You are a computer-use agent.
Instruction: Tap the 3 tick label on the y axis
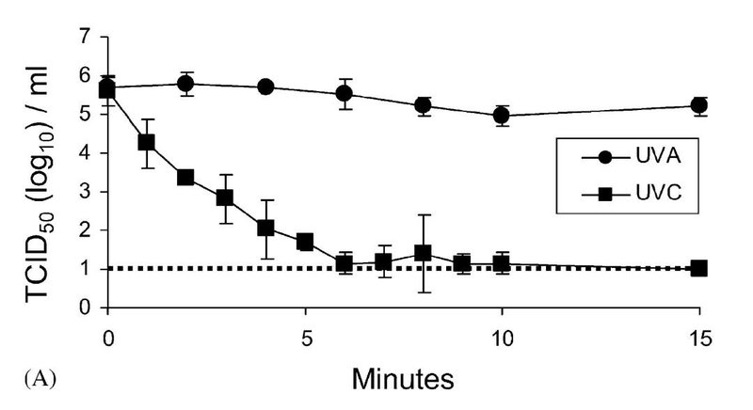coord(85,191)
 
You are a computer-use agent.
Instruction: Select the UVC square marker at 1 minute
coord(146,142)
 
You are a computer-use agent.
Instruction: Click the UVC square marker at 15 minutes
coord(698,268)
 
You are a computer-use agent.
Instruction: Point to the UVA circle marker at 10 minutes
coord(502,116)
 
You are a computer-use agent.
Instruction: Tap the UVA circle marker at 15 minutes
coord(698,105)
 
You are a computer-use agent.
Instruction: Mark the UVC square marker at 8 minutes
coord(423,253)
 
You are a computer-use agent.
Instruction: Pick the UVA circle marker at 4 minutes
coord(265,87)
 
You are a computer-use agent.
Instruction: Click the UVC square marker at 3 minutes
coord(225,197)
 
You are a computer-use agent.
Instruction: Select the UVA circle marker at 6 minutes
coord(344,94)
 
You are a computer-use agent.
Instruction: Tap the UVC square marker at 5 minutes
coord(305,242)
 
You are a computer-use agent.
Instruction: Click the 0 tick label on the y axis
coord(85,307)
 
